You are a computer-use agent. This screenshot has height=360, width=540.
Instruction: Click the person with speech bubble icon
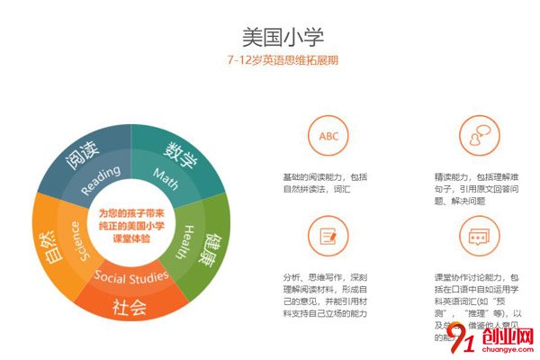point(475,136)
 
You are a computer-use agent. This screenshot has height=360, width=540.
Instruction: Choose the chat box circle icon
point(475,236)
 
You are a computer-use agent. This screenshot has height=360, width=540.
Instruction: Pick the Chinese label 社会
point(128,307)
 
